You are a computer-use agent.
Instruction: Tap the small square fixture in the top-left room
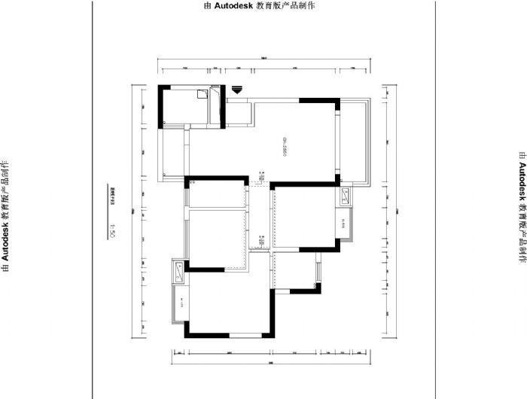pos(200,94)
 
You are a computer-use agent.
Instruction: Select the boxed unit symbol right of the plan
pos(345,198)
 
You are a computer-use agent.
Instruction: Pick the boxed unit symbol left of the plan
pos(179,271)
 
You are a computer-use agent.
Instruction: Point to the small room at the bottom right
pos(295,270)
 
